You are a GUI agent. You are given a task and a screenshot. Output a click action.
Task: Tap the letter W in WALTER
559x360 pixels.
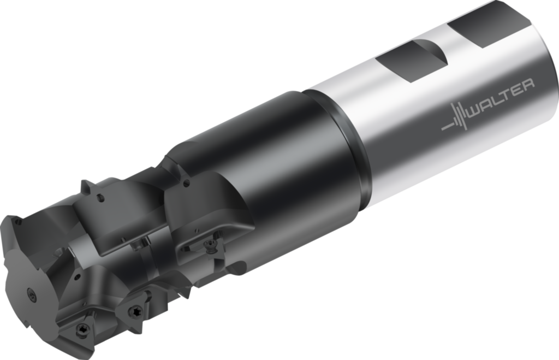(x=475, y=114)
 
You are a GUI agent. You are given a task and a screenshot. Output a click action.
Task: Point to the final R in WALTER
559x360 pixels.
(x=528, y=85)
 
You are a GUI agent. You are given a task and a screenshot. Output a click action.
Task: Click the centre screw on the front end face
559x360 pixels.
(x=31, y=294)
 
